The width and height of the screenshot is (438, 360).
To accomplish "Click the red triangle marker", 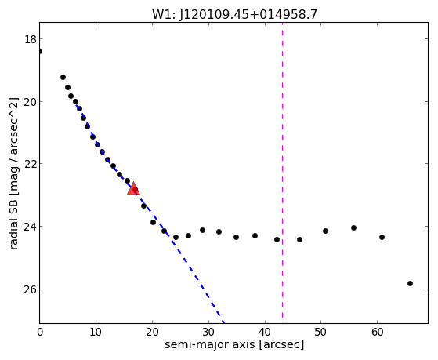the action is [x=133, y=188].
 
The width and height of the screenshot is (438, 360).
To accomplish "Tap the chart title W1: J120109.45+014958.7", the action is [x=234, y=14].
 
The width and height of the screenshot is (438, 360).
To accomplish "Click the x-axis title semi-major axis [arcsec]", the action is [x=234, y=344].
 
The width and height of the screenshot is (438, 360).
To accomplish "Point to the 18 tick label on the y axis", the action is [x=31, y=39].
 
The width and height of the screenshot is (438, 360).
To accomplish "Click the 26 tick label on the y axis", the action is [x=31, y=289].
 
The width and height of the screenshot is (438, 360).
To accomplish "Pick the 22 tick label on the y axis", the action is [x=31, y=164].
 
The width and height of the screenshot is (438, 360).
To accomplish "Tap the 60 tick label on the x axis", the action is [x=377, y=332].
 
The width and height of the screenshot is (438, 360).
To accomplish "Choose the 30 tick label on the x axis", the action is [x=208, y=332].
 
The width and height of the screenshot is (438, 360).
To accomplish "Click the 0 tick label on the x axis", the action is [x=40, y=332].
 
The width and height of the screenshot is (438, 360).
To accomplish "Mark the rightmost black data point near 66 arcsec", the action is [x=410, y=283].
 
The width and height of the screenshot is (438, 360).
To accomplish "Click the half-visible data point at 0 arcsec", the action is [x=40, y=51].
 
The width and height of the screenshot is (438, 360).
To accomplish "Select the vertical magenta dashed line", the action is [x=282, y=170].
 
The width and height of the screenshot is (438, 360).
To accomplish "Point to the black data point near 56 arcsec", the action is [x=353, y=227].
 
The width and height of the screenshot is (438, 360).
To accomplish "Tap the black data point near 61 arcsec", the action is [x=382, y=237].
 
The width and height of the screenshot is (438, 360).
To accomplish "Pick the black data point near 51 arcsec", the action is [x=325, y=231].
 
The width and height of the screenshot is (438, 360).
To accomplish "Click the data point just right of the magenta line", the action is [x=300, y=239].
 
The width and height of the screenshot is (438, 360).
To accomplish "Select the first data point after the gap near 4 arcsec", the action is [x=63, y=77].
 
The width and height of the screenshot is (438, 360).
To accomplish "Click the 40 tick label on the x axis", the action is [x=265, y=332].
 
